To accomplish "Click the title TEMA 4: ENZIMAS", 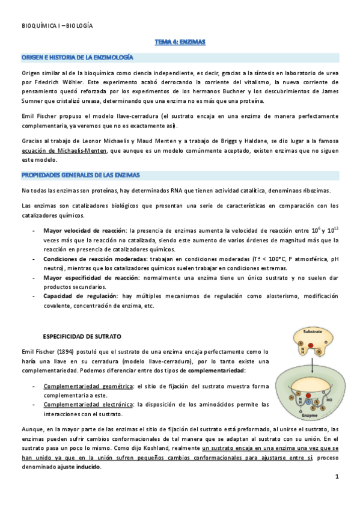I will pos(180,42).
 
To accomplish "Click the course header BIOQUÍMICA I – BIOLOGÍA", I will pos(57,26).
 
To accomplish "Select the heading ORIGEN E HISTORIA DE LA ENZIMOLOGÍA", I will pos(78,57).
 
